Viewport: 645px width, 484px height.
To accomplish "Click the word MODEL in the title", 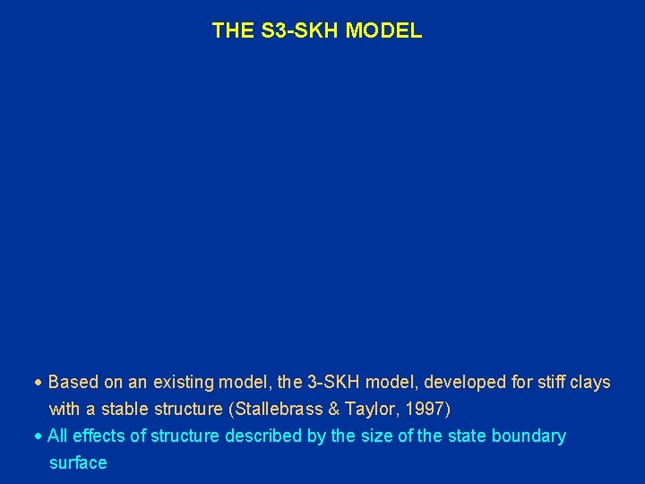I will (383, 31).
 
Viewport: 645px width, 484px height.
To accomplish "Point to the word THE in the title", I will (233, 31).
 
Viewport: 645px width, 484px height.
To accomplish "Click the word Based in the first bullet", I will (73, 383).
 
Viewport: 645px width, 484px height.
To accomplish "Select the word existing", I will (183, 383).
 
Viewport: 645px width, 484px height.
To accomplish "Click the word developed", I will (461, 383).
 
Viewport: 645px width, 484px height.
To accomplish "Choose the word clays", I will (589, 383).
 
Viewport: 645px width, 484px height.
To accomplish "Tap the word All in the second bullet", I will (58, 436).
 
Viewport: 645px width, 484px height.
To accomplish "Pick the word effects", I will (99, 436).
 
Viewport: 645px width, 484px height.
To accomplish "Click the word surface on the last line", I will (78, 463).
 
